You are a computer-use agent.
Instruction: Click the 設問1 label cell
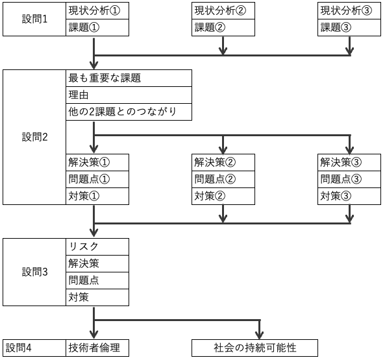point(34,19)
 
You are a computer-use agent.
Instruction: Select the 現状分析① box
point(97,11)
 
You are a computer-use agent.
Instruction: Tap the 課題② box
point(223,27)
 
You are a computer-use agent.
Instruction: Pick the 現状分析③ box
point(349,11)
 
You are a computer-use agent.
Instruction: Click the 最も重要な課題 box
point(129,78)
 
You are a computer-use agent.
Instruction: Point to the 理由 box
point(129,95)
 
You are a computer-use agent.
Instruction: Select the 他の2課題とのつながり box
point(129,112)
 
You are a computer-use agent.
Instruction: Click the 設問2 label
point(34,137)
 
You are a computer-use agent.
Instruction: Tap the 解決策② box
point(223,162)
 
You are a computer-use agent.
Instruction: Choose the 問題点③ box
point(349,179)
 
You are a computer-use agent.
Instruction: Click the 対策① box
point(97,196)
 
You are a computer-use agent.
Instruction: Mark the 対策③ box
point(349,196)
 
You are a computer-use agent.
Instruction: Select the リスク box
point(97,246)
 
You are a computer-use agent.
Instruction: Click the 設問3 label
point(34,272)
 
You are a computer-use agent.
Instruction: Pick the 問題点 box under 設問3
point(97,280)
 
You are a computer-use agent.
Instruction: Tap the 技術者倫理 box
point(97,348)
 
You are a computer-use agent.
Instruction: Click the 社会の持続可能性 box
point(255,348)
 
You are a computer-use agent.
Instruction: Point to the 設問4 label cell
point(34,348)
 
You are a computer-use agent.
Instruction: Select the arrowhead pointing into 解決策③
point(349,150)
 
